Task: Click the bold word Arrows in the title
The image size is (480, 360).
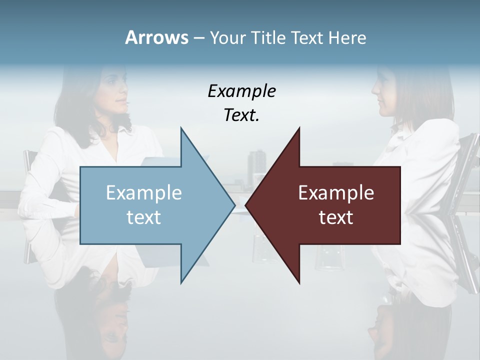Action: [x=156, y=37]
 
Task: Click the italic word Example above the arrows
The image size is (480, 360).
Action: [x=241, y=91]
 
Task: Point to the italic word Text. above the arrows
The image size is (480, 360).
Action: [x=241, y=115]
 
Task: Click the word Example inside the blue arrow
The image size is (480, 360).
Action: [x=144, y=193]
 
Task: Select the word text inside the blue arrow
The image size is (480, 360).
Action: [x=144, y=217]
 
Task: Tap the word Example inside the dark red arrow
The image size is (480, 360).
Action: [x=336, y=193]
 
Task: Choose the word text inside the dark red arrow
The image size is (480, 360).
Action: [x=336, y=217]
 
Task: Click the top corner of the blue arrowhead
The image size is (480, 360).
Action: [x=181, y=128]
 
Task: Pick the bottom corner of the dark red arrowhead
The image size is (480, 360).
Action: [x=299, y=283]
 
